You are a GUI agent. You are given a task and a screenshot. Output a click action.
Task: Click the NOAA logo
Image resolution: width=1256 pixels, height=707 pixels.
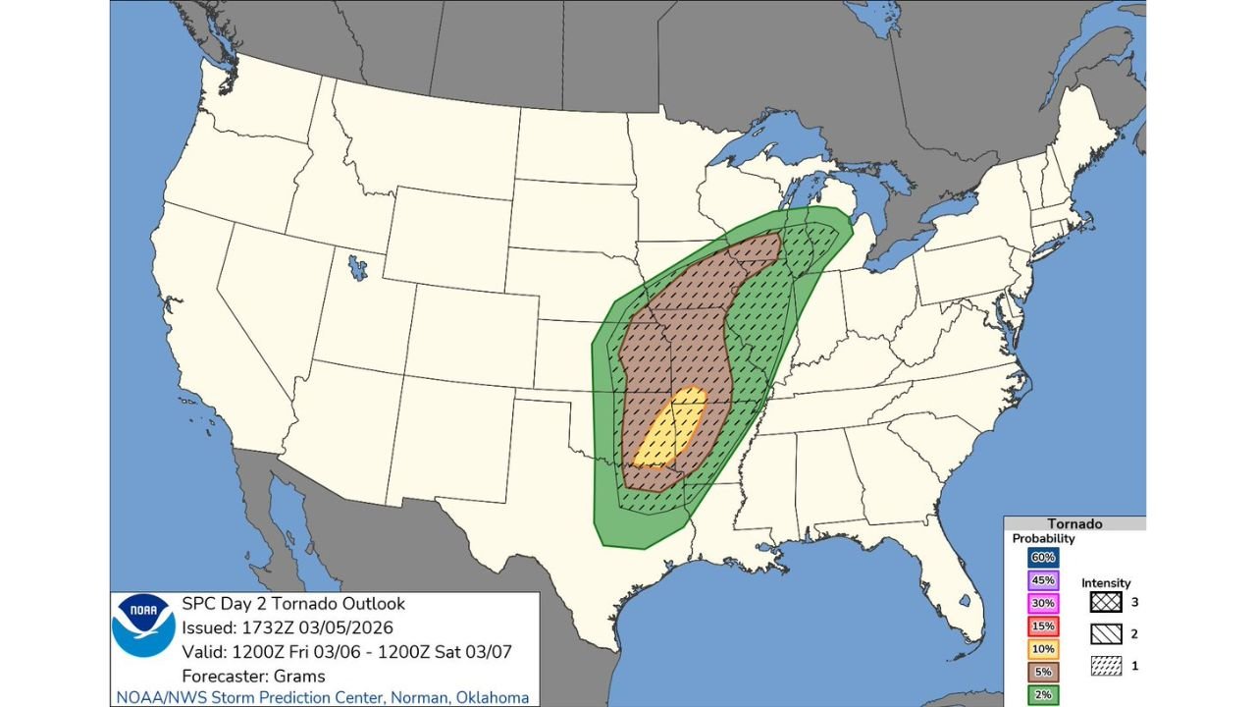(x=143, y=625)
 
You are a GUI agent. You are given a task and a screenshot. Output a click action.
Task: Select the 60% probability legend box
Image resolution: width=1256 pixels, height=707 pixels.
(x=1042, y=557)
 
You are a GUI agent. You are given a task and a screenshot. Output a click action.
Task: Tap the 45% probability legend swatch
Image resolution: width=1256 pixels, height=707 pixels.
(x=1042, y=579)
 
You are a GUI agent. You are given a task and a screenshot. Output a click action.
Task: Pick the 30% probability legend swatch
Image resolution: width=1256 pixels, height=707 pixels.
(x=1042, y=602)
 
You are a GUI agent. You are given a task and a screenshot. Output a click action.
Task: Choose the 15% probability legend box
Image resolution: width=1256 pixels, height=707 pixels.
(x=1042, y=625)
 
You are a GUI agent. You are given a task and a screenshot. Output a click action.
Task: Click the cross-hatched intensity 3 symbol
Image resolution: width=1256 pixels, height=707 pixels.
(x=1106, y=602)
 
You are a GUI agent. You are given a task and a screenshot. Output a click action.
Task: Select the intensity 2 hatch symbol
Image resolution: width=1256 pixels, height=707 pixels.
(x=1106, y=634)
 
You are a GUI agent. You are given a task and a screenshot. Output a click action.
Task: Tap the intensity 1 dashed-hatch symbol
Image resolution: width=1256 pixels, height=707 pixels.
(x=1106, y=667)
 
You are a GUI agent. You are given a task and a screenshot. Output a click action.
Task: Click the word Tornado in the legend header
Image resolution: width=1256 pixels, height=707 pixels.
(x=1074, y=524)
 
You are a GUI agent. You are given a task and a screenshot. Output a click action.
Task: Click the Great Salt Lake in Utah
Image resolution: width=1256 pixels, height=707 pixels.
(x=357, y=266)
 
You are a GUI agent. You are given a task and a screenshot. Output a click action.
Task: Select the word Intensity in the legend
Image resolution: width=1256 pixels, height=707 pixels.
(x=1106, y=582)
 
